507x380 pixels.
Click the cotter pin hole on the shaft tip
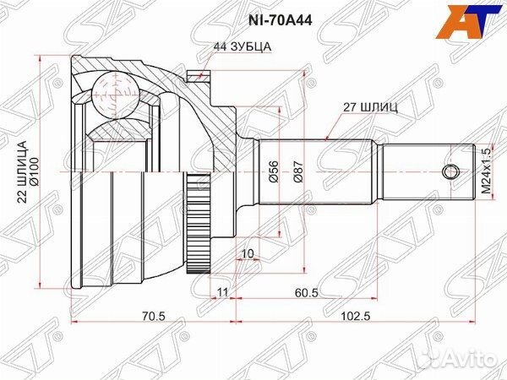point(452,174)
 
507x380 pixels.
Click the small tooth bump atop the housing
point(200,76)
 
